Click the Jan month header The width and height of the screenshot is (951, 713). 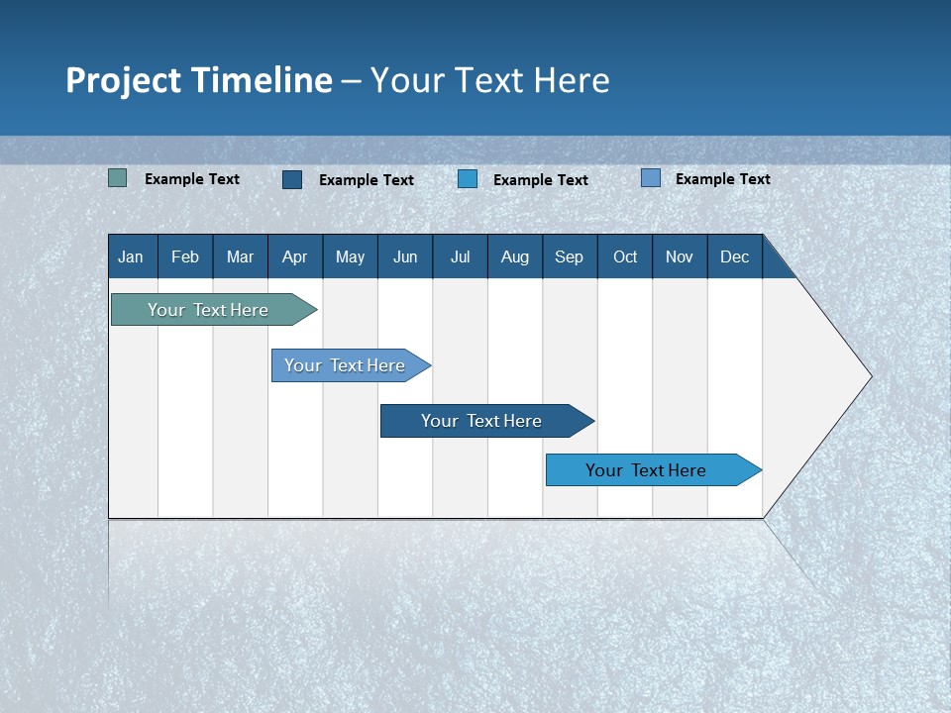click(131, 257)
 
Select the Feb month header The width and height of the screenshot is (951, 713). click(185, 257)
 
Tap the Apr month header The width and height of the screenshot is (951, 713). click(295, 257)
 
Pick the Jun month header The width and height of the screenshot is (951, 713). click(405, 257)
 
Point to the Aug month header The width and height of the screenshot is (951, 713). click(515, 257)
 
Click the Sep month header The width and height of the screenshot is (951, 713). click(570, 257)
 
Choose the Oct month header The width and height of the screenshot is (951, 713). click(625, 257)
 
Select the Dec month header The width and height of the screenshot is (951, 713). click(735, 257)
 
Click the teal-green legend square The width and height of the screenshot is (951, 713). click(118, 178)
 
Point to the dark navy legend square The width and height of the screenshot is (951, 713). click(292, 179)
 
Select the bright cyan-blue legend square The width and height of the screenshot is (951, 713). click(468, 179)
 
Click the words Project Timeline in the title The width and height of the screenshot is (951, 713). click(198, 80)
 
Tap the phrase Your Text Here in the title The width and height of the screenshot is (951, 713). click(490, 80)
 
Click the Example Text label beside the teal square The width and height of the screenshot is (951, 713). click(192, 179)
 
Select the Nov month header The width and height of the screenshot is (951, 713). click(680, 257)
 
